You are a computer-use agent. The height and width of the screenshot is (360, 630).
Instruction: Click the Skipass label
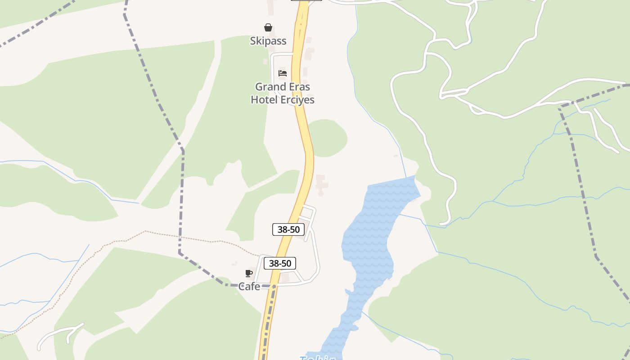268,41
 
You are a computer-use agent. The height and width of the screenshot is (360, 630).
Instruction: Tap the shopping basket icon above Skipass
268,27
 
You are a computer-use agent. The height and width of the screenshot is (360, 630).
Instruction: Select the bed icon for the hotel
283,73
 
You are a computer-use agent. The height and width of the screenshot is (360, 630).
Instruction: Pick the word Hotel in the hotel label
264,99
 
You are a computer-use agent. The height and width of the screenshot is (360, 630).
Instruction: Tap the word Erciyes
297,99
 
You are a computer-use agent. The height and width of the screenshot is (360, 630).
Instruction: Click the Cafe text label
249,286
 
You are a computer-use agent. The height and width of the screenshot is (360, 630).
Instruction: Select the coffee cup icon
249,273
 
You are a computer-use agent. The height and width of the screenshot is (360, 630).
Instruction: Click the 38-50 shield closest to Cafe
280,263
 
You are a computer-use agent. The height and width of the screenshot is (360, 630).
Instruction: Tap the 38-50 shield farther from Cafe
288,229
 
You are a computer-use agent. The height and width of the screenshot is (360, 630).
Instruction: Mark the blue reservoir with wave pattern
369,243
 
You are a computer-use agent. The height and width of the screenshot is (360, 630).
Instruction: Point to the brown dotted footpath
189,238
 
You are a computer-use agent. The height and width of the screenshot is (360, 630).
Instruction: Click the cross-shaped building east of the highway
321,183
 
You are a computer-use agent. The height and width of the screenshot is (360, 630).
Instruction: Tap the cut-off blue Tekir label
318,357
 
